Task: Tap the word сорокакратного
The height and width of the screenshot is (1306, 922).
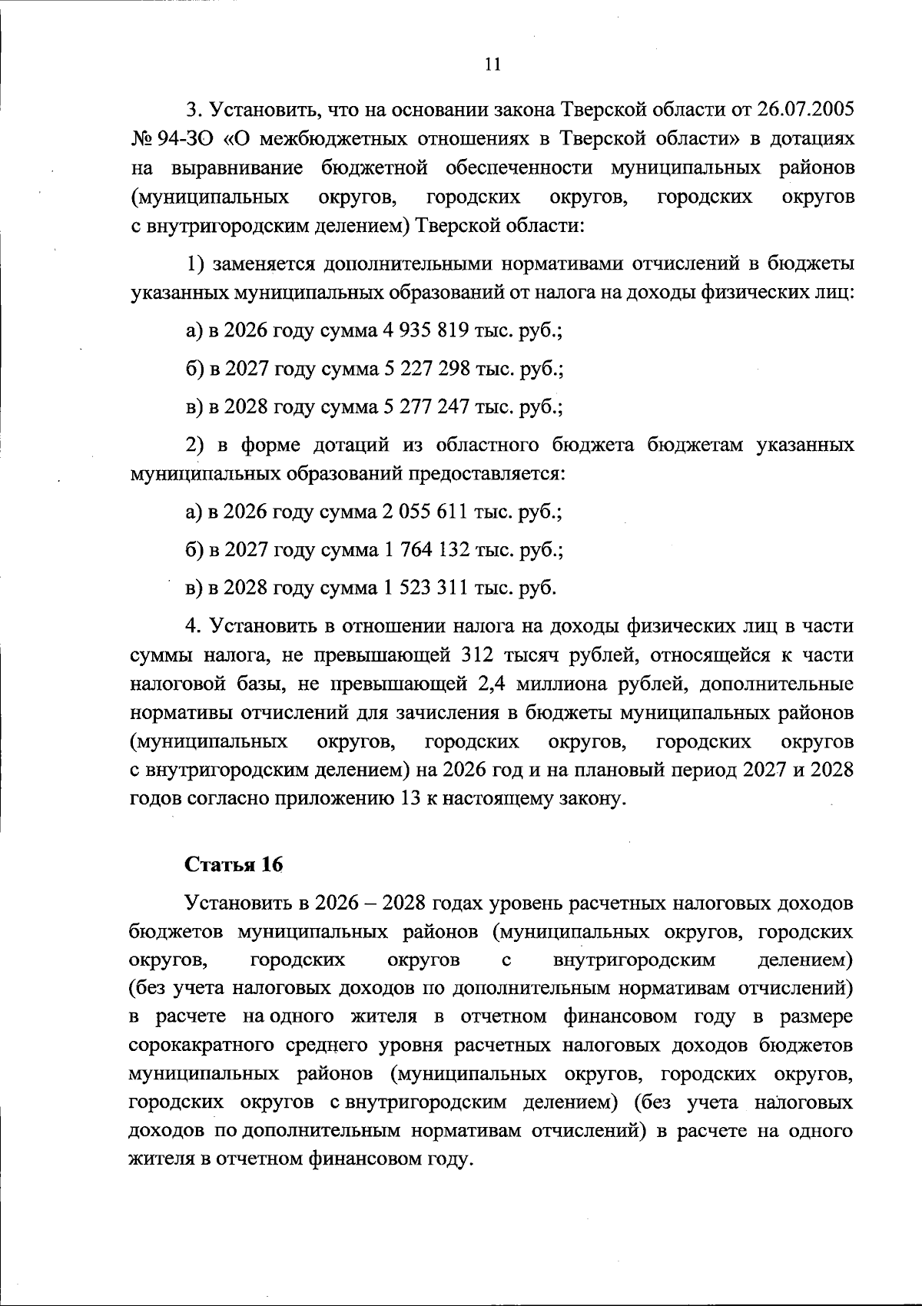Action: click(x=202, y=1046)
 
